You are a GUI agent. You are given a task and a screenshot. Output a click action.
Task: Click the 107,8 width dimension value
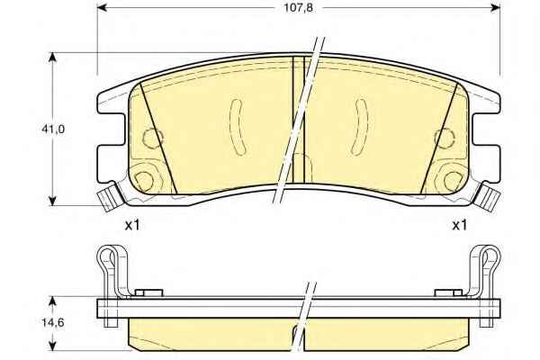click(298, 7)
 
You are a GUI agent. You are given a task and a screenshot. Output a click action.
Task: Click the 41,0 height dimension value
click(53, 130)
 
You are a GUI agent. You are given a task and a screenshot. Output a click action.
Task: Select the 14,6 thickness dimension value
click(53, 323)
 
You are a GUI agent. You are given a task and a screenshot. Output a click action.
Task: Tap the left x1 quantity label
click(132, 226)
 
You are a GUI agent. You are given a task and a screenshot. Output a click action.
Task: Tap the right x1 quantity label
click(459, 226)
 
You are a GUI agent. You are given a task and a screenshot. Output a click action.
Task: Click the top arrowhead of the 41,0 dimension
click(52, 58)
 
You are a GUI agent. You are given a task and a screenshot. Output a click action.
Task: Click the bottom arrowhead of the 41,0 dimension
click(52, 201)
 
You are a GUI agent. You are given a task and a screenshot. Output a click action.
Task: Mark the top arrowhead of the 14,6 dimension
click(52, 301)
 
